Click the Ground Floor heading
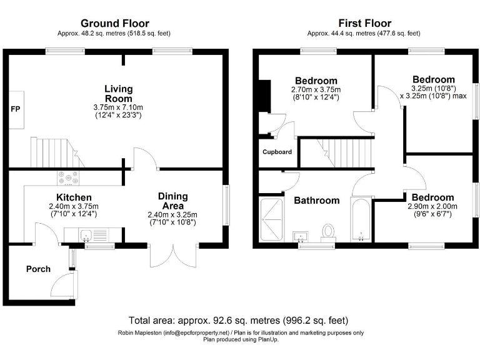click(114, 24)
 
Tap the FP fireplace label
click(15, 109)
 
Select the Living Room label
click(118, 94)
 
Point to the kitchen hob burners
click(68, 177)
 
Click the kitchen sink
click(86, 236)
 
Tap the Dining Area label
click(172, 201)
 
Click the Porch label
click(38, 269)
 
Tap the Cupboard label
click(277, 152)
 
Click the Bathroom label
click(317, 201)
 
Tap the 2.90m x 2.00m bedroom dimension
click(432, 207)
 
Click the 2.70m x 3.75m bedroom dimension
click(316, 89)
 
